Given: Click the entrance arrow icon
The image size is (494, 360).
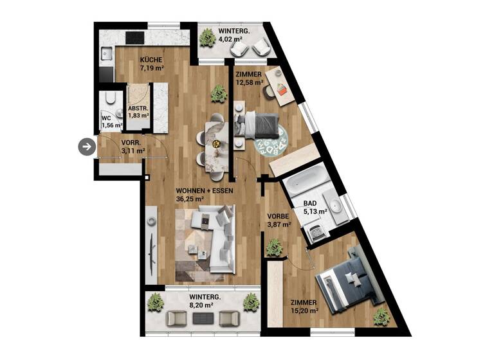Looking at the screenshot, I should point(86,147).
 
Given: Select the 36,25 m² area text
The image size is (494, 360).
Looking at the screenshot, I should point(190,199).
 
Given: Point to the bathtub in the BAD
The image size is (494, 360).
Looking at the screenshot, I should point(307,183).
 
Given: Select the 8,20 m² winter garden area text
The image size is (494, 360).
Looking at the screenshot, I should point(199,305).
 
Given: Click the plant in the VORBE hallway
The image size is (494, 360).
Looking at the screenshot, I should point(275,246).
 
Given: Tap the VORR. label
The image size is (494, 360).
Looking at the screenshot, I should point(131,143).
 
